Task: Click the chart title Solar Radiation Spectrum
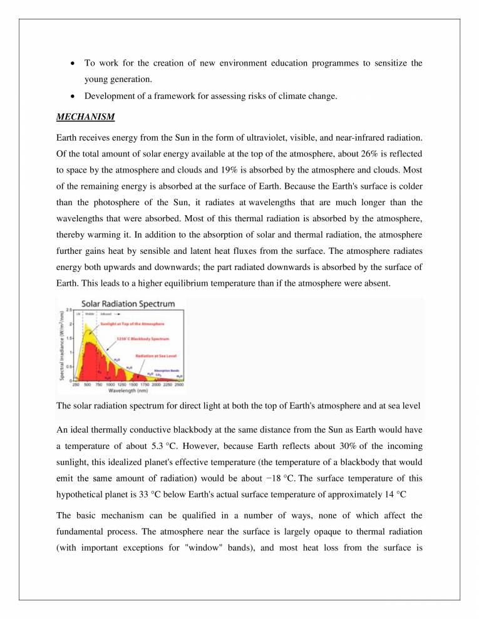pyautogui.click(x=127, y=304)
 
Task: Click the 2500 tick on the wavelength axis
pyautogui.click(x=180, y=385)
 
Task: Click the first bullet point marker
pyautogui.click(x=73, y=63)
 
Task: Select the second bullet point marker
pyautogui.click(x=73, y=96)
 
